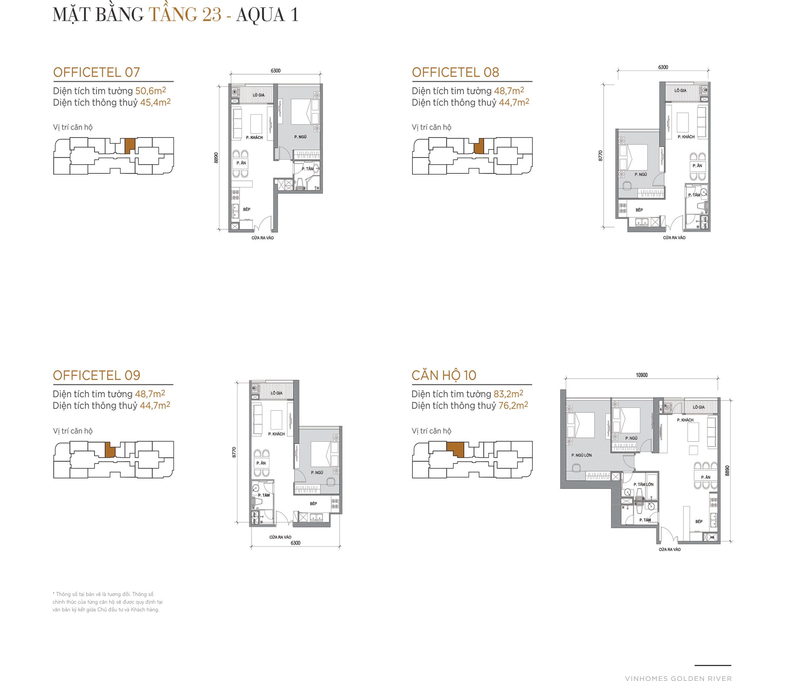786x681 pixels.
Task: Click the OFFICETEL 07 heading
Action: pos(97,72)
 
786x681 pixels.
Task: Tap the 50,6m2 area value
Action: pos(150,91)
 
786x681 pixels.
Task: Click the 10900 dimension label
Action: pos(642,375)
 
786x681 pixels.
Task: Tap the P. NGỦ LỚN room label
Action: pos(581,455)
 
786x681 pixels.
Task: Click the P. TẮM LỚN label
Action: pos(644,484)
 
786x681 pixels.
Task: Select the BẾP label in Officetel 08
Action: pos(639,210)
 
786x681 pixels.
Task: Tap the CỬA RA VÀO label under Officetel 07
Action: pos(263,238)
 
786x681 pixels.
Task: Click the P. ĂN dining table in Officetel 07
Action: pos(241,163)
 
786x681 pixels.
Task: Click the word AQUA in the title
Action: pos(260,14)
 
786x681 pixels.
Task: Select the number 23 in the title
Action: pos(212,14)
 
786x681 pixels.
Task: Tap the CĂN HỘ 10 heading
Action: pos(444,376)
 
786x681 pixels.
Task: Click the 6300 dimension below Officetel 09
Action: pos(295,543)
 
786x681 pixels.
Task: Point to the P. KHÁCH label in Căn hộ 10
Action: pos(685,420)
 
